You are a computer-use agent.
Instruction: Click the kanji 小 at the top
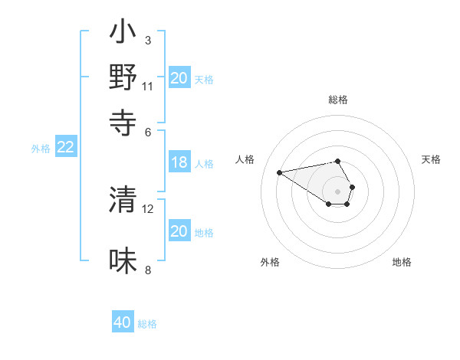click(123, 33)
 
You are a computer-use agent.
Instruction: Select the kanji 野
click(123, 77)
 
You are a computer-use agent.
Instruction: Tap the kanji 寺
click(123, 121)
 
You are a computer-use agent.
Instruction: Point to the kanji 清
click(123, 200)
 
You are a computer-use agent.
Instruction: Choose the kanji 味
click(123, 260)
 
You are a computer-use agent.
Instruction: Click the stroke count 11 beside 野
click(148, 86)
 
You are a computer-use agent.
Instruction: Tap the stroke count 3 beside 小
click(147, 40)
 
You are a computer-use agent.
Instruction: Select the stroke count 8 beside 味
click(147, 270)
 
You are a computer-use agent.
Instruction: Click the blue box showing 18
click(179, 162)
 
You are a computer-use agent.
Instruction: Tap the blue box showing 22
click(65, 148)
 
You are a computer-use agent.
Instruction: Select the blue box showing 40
click(123, 322)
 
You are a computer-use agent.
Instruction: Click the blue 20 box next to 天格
click(179, 78)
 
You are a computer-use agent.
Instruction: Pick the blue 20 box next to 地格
click(179, 231)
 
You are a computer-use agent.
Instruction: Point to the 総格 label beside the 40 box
click(147, 324)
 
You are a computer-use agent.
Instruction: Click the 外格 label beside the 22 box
click(41, 149)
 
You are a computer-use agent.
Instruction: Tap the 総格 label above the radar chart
click(338, 100)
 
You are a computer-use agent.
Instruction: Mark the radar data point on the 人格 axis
click(280, 172)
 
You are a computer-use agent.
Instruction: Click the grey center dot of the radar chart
click(338, 191)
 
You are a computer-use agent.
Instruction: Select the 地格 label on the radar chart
click(402, 262)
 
